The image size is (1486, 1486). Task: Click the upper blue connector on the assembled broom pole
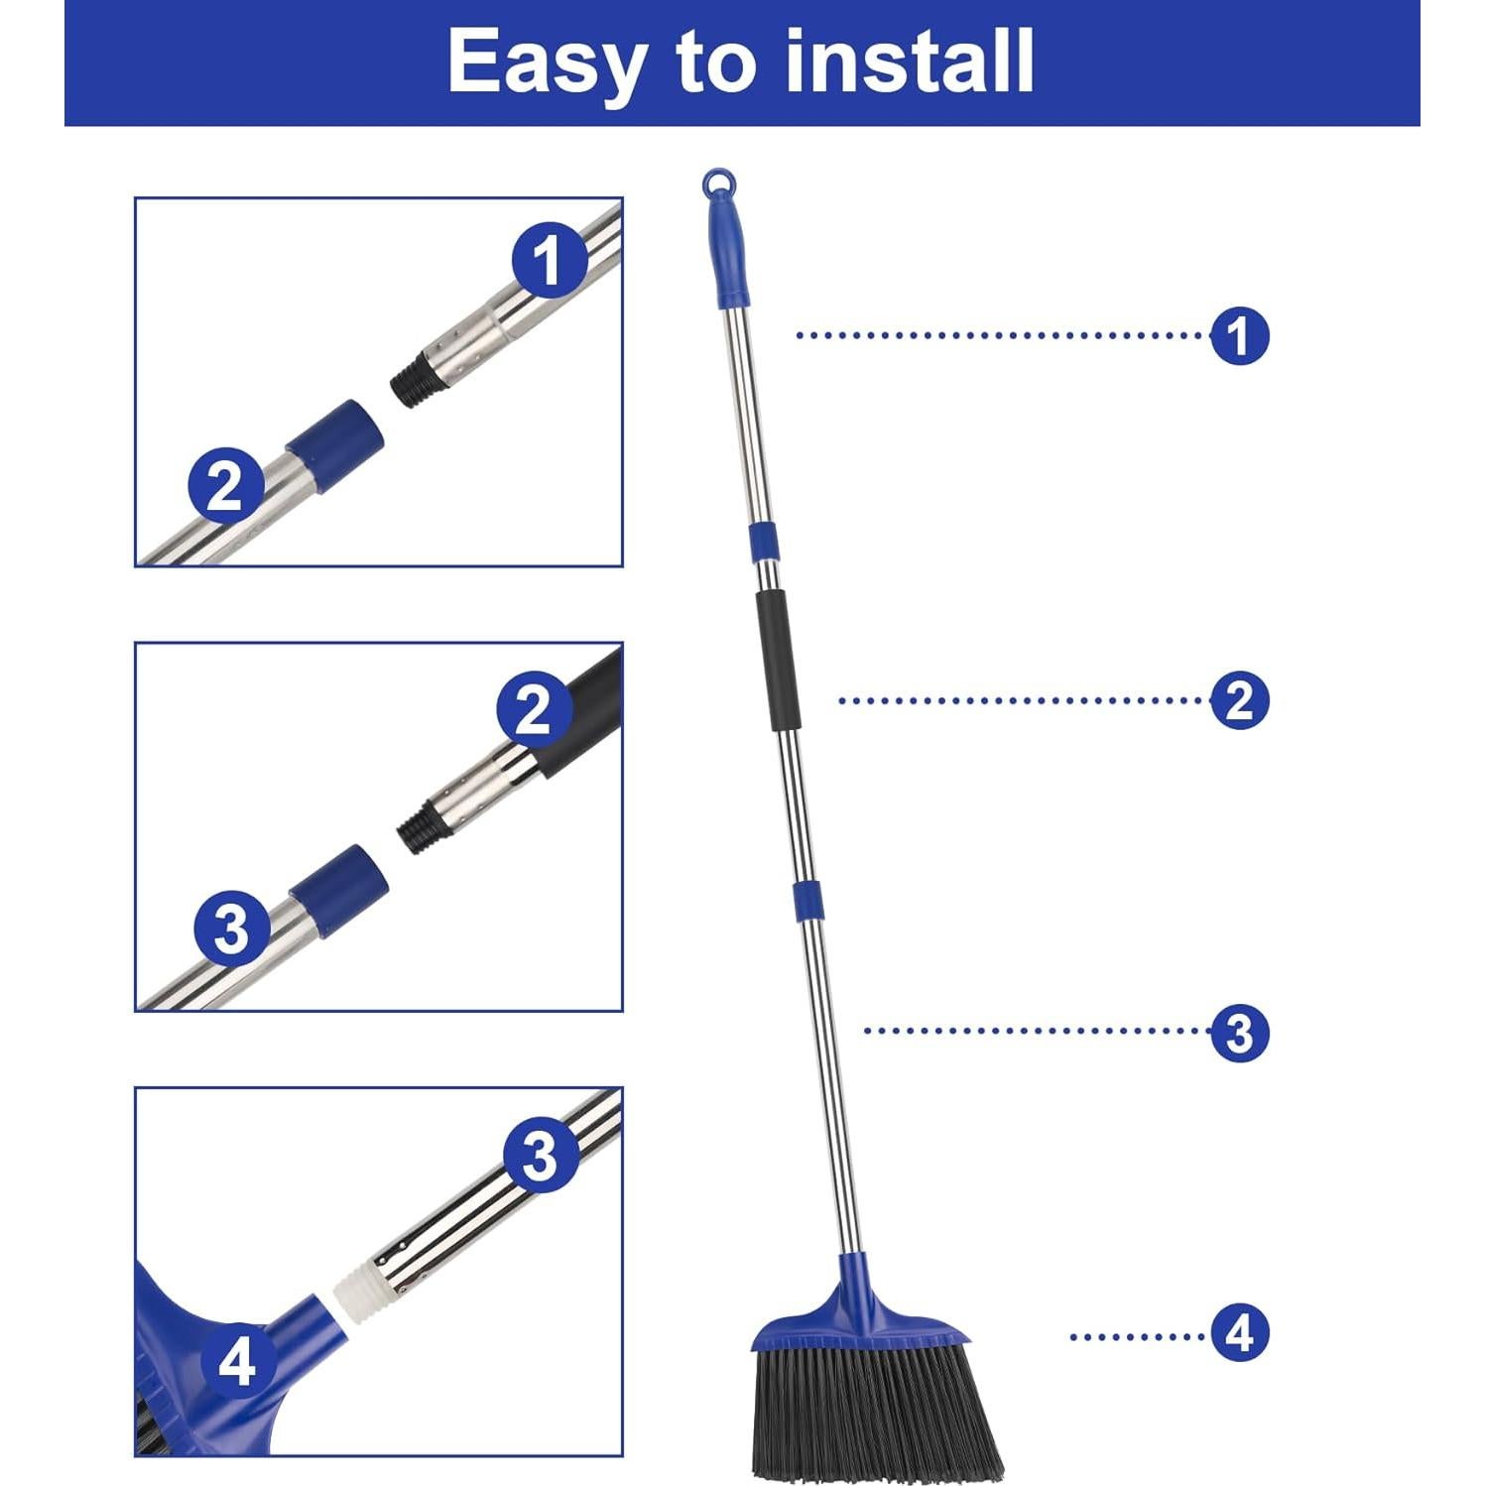point(762,541)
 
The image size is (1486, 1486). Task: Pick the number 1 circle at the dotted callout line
point(1239,335)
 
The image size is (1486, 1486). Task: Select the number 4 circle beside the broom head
point(1239,1334)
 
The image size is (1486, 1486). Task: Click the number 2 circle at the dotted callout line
point(1239,700)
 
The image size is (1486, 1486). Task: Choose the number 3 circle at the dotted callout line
point(1239,1032)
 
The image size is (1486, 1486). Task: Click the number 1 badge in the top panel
point(549,260)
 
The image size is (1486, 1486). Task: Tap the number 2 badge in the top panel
point(226,485)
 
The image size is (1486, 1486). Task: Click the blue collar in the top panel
point(334,434)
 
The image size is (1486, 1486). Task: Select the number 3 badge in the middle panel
point(231,929)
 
